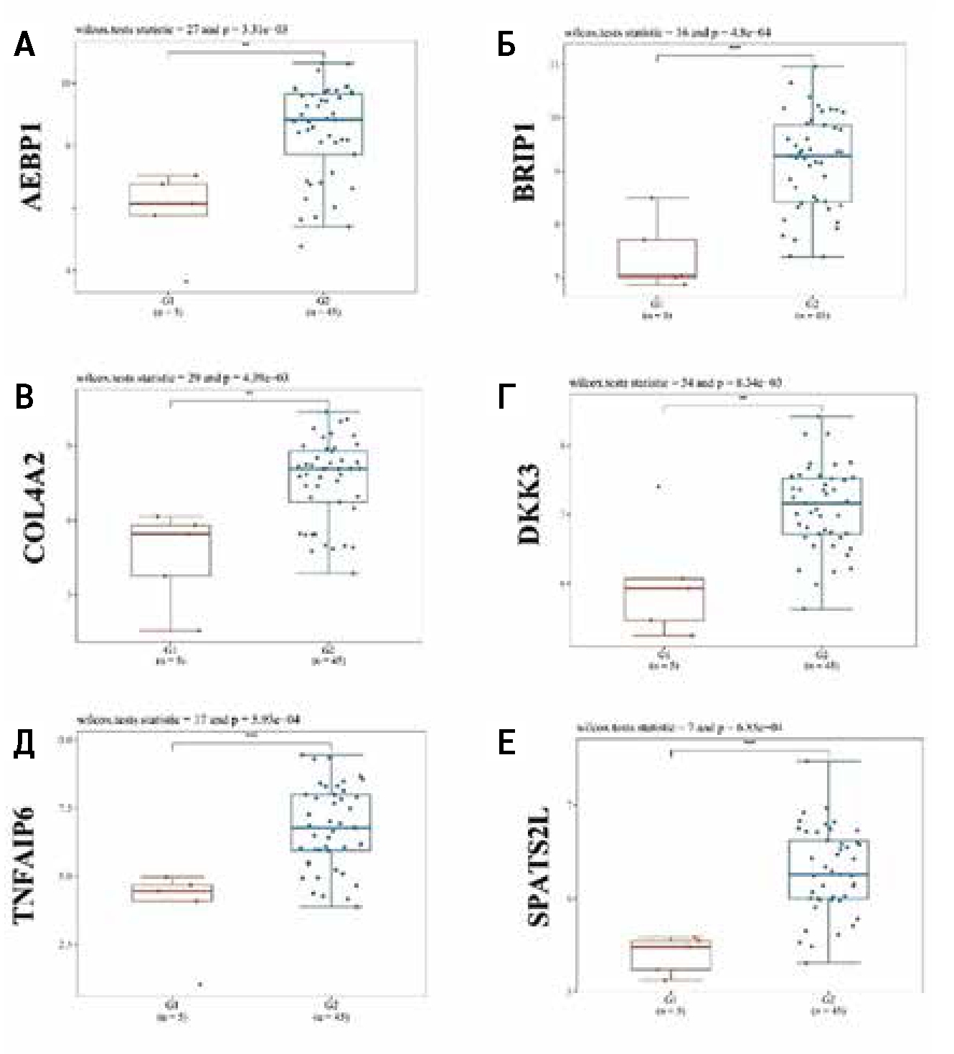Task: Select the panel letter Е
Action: pos(506,743)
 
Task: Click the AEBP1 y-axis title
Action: pos(32,166)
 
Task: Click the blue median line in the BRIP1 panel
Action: pos(813,156)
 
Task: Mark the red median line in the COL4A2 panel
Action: pos(171,533)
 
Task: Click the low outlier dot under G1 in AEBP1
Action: pos(186,281)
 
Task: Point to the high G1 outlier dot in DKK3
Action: pos(658,487)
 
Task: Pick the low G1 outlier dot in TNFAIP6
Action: pos(199,984)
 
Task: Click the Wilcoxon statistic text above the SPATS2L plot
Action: pos(679,728)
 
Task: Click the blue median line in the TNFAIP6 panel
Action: pos(331,828)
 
